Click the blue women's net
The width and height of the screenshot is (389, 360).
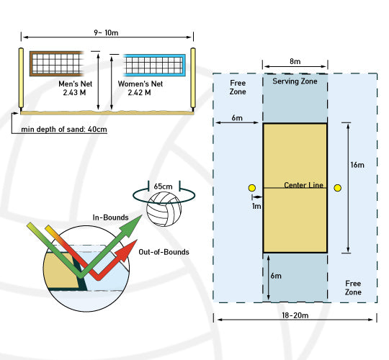point(156,63)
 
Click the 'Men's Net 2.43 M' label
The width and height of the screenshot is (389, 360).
point(76,89)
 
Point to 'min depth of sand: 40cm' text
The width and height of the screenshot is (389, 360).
point(66,130)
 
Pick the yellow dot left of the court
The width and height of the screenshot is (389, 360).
point(251,189)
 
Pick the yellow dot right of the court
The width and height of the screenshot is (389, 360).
point(337,189)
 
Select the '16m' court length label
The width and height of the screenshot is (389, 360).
point(357,165)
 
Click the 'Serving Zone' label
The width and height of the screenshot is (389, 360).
point(295,81)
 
